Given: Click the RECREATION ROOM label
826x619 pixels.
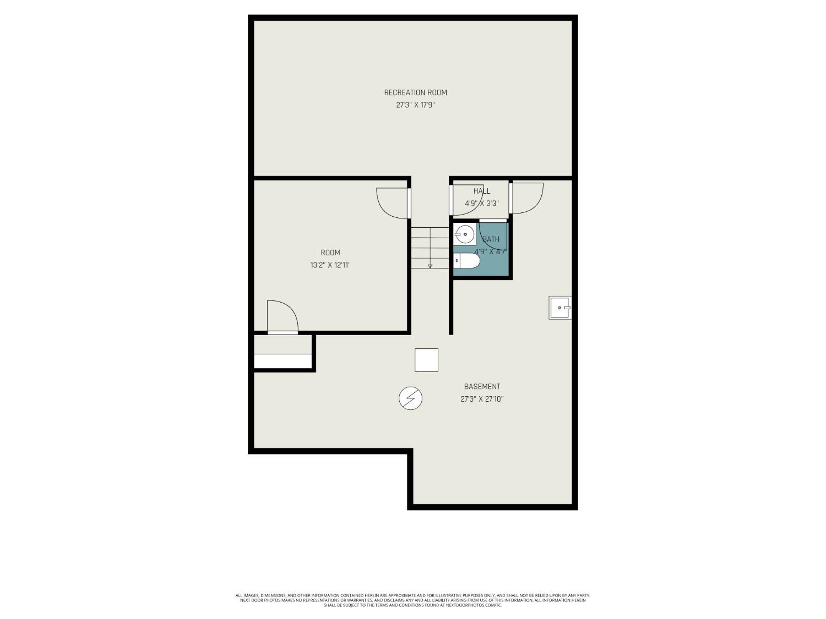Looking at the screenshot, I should point(415,92).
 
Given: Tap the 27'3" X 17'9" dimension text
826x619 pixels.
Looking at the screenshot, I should point(415,105).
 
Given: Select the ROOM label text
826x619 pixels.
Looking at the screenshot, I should point(330,253).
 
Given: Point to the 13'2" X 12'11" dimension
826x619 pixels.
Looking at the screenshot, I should point(330,265).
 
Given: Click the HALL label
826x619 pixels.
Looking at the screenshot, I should point(481,191).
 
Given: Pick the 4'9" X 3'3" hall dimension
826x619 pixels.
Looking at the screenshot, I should point(481,203).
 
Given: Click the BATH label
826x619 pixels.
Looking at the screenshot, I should point(491,239).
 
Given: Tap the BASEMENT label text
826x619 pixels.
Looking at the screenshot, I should point(482,387).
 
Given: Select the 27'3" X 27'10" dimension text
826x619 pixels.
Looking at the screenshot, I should point(482,399).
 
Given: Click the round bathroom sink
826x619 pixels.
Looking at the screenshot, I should point(464,235).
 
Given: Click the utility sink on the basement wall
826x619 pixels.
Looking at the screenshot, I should point(560,308).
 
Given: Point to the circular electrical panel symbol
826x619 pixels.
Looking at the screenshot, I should point(410,398).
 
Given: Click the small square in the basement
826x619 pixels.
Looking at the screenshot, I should point(426,360).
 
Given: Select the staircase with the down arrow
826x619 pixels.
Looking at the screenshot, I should point(430,248).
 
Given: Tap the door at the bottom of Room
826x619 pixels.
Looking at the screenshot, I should point(282,318).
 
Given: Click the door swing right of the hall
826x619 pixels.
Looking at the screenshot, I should point(526,197).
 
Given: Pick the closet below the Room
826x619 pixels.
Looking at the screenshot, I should point(282,354).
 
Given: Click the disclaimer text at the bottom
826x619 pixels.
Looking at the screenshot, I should point(412,600).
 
